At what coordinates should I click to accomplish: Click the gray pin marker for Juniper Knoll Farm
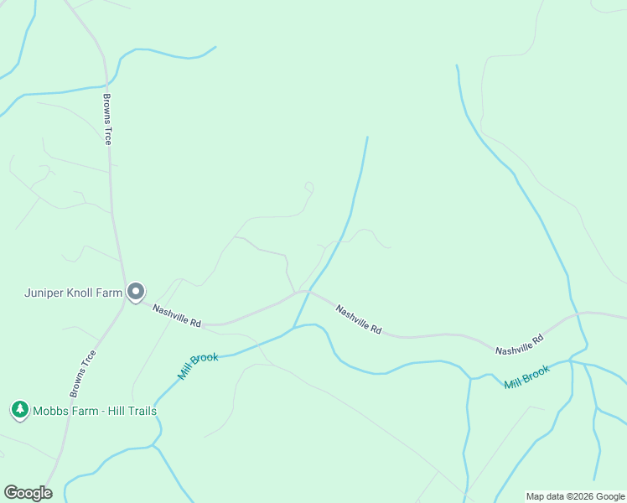click(136, 292)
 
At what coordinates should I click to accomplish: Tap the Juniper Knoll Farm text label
click(73, 293)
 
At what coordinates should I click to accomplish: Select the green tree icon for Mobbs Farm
click(19, 410)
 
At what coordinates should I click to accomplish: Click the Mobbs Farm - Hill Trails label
click(94, 411)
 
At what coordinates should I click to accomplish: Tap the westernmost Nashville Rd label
click(177, 316)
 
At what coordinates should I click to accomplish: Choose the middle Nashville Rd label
click(359, 319)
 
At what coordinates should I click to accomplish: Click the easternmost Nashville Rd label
click(519, 344)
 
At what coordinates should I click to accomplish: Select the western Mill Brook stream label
click(198, 367)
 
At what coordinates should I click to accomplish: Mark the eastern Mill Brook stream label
click(526, 376)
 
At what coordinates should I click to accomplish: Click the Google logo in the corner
click(28, 493)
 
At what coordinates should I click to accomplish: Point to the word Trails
click(139, 411)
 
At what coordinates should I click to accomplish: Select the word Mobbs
click(50, 411)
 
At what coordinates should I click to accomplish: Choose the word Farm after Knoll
click(111, 293)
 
